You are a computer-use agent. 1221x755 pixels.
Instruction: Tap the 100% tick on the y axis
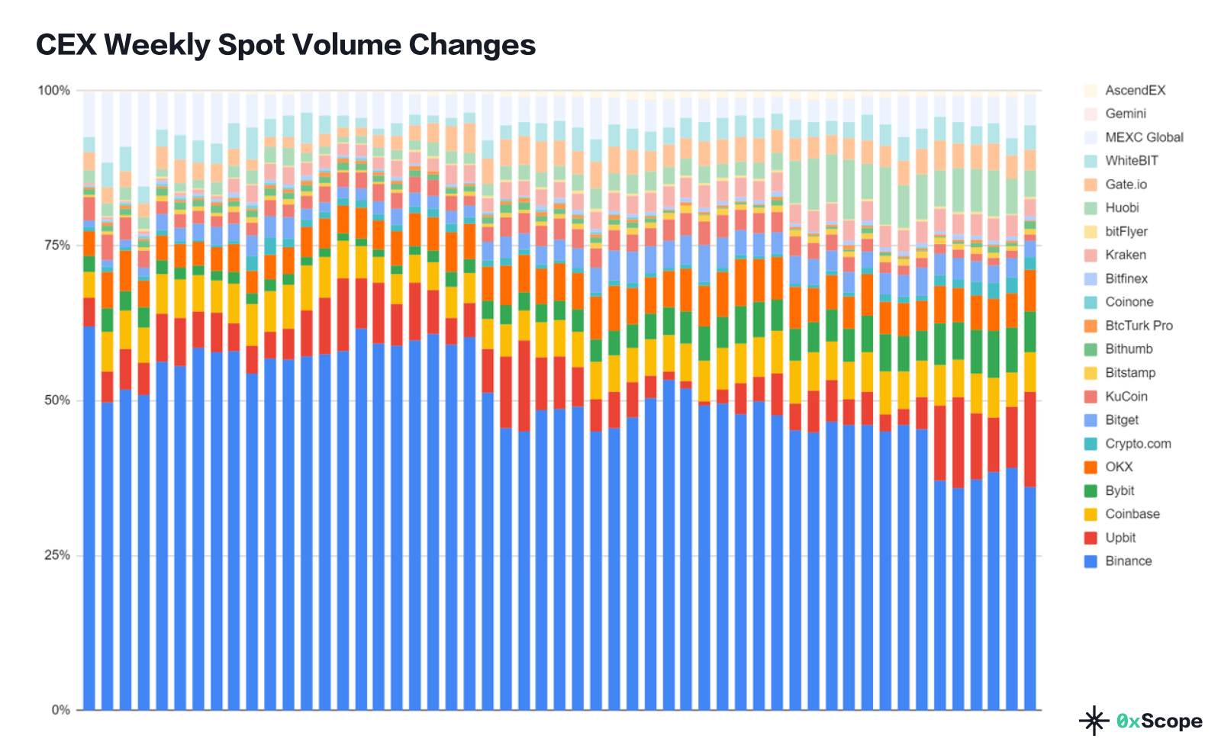tap(53, 91)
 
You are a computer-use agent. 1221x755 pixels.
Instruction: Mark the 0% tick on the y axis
tap(60, 710)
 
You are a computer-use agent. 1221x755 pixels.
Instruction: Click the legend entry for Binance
tap(1128, 561)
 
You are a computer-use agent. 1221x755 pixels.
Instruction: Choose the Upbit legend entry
tap(1120, 538)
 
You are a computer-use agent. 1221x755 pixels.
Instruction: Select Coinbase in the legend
tap(1132, 514)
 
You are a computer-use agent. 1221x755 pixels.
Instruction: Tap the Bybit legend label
tap(1119, 490)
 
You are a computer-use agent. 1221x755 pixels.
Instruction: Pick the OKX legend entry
tap(1118, 467)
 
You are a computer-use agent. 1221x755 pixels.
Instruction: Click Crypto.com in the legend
tap(1137, 443)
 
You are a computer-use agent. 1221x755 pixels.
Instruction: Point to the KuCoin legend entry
tap(1126, 397)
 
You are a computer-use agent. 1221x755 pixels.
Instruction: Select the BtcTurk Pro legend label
tap(1139, 326)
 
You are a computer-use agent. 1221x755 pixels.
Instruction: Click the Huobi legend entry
tap(1122, 207)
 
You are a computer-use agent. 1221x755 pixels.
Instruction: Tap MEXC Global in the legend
tap(1143, 137)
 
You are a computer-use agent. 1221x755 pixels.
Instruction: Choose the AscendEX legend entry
tap(1135, 90)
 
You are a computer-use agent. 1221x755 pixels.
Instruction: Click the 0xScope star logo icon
tap(1094, 721)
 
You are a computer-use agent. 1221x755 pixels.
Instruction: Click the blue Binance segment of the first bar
tap(89, 519)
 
